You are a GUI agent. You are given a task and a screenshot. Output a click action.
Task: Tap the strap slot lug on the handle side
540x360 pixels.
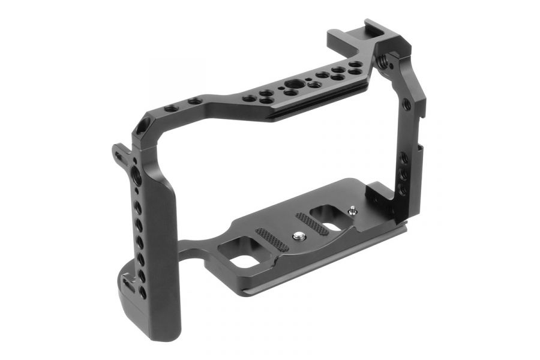tap(120, 157)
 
